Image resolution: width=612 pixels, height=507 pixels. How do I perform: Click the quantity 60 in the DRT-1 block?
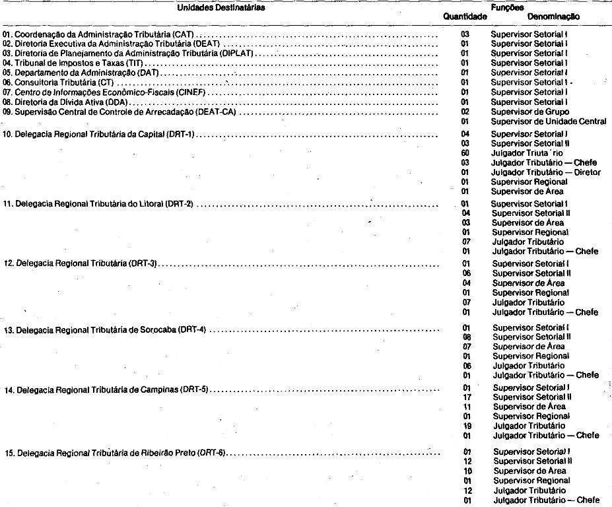[465, 152]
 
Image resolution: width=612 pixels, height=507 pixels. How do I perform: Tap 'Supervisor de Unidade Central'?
[549, 121]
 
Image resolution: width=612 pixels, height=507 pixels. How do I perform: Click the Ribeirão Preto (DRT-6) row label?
[123, 454]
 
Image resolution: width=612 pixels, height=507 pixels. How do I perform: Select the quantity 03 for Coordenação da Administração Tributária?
[465, 32]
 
